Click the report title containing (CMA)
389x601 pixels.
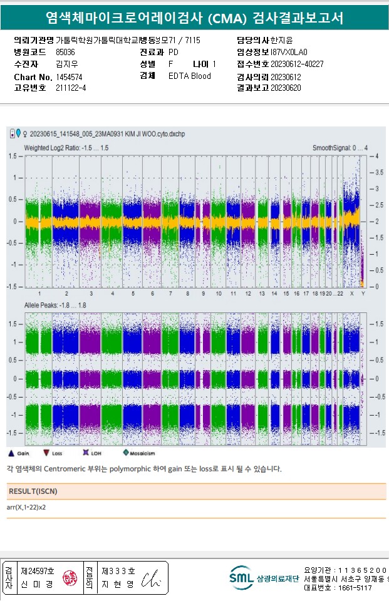click(194, 18)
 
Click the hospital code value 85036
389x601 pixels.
click(65, 52)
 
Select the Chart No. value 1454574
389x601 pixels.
click(69, 77)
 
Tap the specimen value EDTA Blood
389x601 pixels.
click(189, 76)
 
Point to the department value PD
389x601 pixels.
click(174, 52)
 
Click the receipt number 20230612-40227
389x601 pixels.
click(297, 64)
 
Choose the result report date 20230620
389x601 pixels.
click(286, 88)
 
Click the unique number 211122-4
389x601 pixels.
click(71, 88)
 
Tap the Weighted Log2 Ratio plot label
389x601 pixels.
click(66, 148)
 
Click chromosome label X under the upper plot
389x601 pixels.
click(351, 294)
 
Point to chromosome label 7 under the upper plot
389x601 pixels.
click(170, 294)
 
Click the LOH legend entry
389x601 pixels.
click(90, 453)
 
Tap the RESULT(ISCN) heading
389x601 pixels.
click(32, 491)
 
